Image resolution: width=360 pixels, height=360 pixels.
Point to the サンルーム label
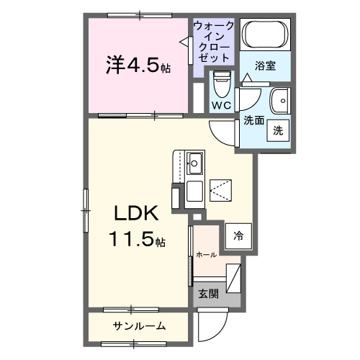coord(139,327)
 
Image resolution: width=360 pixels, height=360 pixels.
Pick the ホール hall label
coord(207,254)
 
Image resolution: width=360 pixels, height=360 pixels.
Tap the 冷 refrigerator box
coord(237,234)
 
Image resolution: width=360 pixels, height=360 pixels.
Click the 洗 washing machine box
coord(279,131)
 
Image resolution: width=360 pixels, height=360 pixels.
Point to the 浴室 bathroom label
coord(266,66)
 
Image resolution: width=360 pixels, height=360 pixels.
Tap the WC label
coord(220,105)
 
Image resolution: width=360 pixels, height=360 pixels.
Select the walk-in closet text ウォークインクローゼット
coord(213,42)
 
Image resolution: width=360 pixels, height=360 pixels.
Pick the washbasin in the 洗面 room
coord(279,99)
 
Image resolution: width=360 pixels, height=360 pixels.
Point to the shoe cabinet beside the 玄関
coord(234,277)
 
